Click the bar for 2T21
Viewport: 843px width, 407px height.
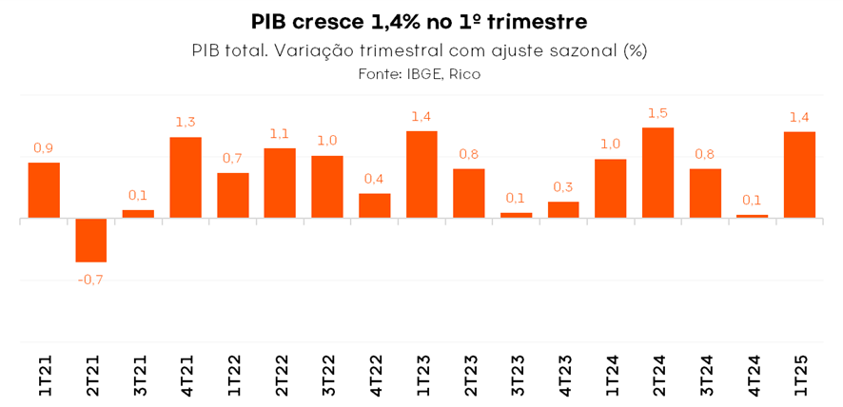point(91,240)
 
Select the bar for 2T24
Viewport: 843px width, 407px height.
point(658,173)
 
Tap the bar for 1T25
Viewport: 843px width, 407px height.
point(799,175)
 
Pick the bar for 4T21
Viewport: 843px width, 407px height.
point(186,178)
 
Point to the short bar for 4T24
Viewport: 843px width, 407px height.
point(752,216)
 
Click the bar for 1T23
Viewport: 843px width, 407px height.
point(421,175)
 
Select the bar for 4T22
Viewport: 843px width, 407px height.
point(375,205)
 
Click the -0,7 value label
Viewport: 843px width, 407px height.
point(91,279)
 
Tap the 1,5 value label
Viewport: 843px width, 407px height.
point(658,113)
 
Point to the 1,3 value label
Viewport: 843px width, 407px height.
point(186,123)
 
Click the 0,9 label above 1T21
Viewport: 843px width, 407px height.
point(44,148)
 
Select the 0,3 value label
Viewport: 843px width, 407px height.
point(563,187)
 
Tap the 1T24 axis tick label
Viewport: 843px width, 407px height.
point(611,376)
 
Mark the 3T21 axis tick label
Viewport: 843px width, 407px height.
point(139,376)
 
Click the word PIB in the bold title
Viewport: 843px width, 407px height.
point(272,21)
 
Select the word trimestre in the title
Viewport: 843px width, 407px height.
point(535,21)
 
